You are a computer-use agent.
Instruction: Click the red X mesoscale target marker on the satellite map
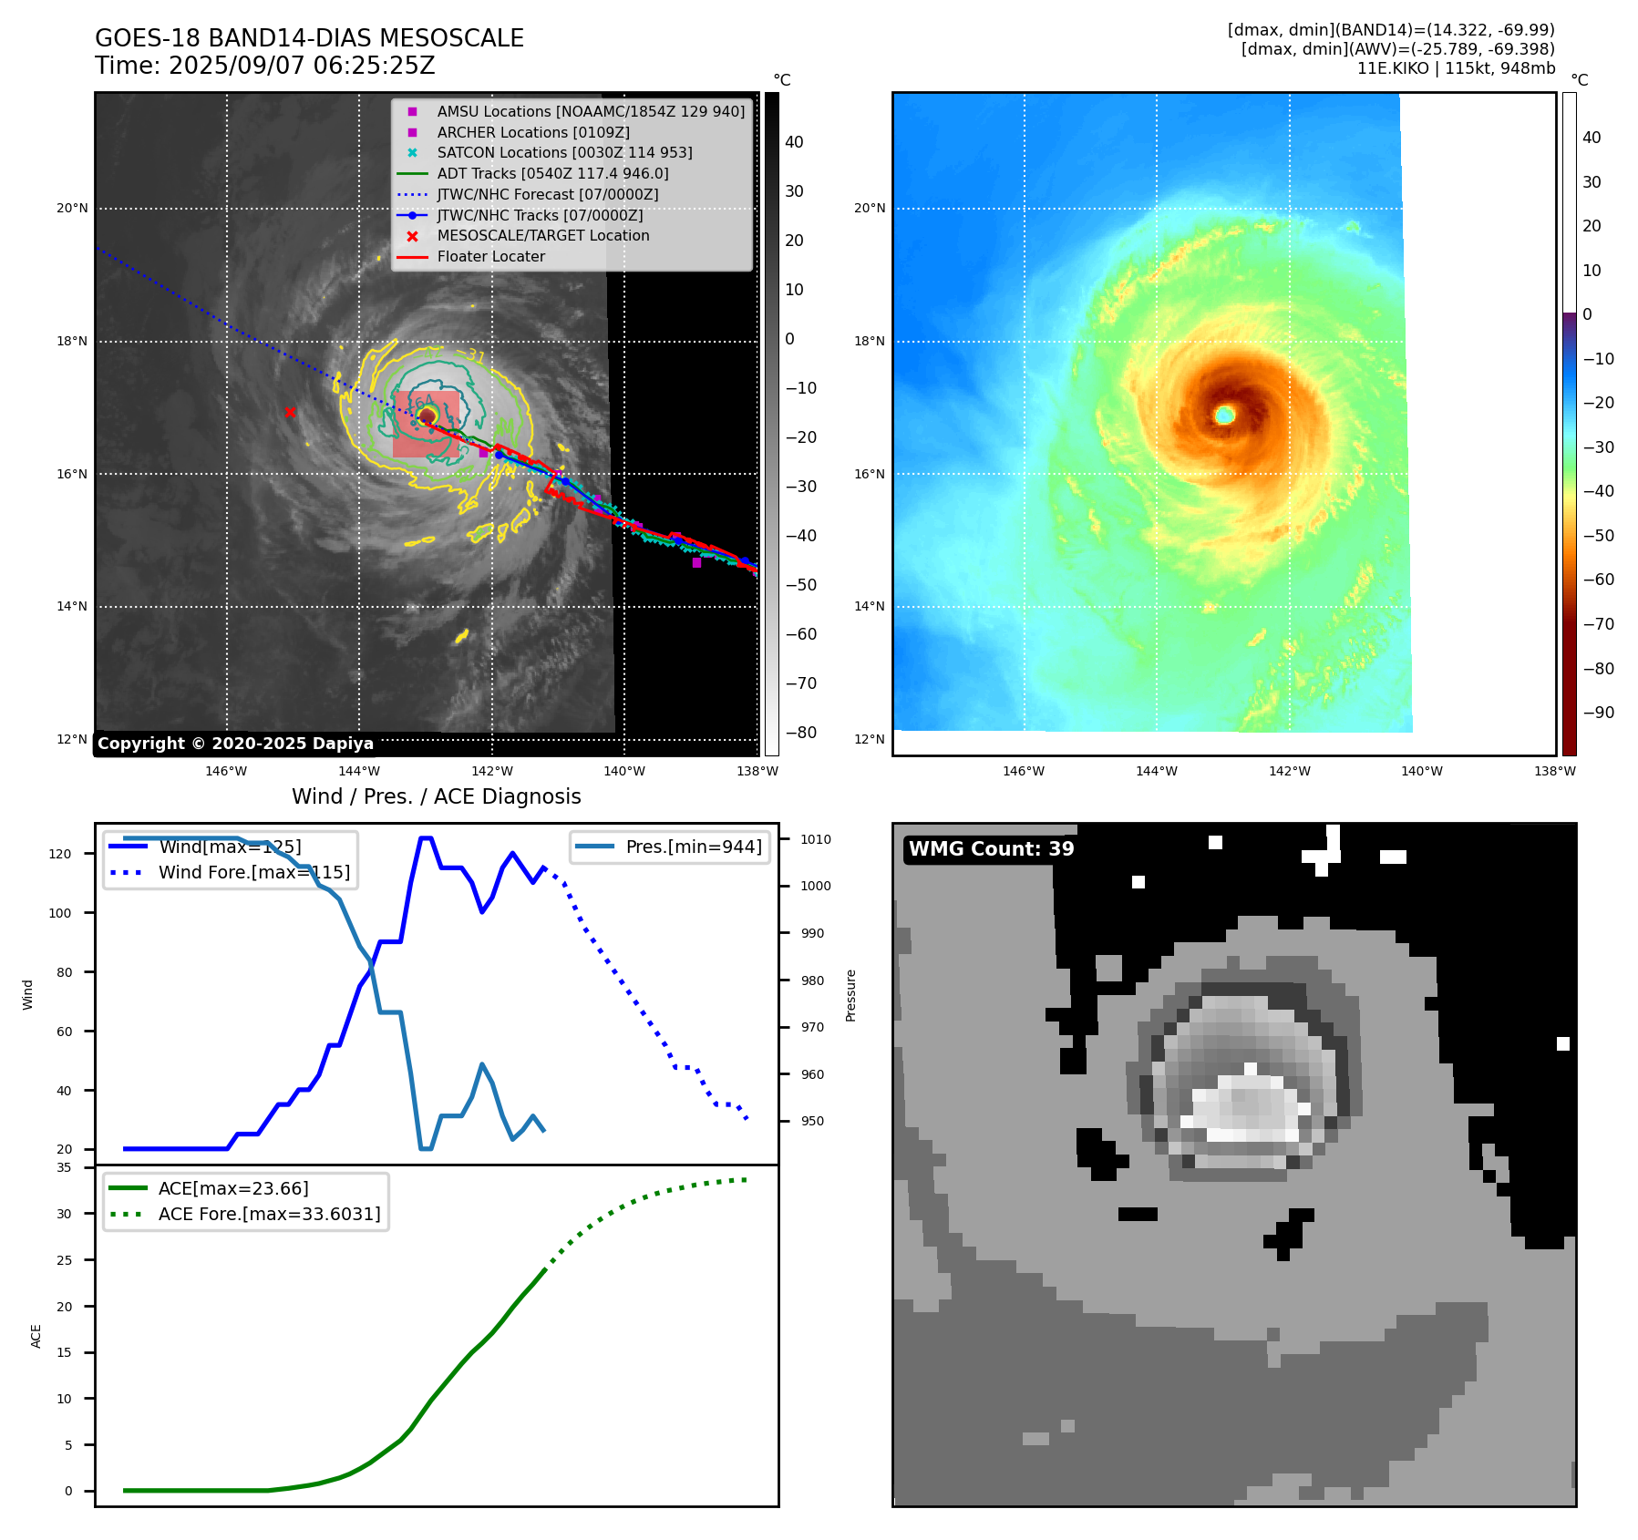point(290,413)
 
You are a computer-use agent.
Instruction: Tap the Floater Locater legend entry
point(490,257)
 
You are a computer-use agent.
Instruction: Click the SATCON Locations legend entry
point(564,152)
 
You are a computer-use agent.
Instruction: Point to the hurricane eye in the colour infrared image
point(1225,416)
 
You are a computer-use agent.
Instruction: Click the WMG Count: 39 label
point(991,849)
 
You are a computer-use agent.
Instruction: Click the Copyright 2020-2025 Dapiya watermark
point(235,744)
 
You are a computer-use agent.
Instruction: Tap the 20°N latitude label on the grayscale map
point(72,209)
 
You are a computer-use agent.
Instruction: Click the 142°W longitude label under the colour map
point(1289,771)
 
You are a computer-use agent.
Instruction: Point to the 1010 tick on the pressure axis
point(816,839)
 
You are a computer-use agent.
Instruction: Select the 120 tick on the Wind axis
point(60,854)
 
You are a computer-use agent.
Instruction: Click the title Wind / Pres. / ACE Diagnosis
point(436,796)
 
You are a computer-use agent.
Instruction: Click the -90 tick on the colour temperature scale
point(1598,713)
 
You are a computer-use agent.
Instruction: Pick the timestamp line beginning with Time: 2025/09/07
point(264,66)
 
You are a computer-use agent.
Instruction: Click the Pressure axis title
point(850,995)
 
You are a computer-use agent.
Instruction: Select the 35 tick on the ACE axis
point(64,1167)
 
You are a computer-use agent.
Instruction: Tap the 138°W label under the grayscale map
point(757,771)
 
